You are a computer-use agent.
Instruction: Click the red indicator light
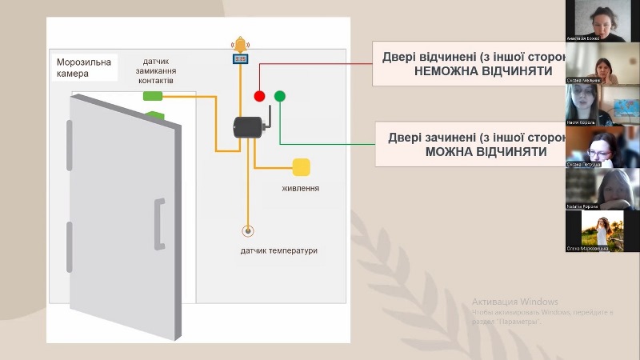click(259, 96)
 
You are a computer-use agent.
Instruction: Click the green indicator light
click(280, 96)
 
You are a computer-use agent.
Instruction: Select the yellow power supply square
click(301, 167)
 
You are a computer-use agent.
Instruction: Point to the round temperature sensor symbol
click(248, 231)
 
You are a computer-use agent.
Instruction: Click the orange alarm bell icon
click(240, 44)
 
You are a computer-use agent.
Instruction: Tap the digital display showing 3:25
click(240, 58)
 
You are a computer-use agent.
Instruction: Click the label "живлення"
click(301, 189)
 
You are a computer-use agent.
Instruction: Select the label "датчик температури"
click(279, 250)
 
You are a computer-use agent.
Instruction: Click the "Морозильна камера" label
click(84, 67)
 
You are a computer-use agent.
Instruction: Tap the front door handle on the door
click(159, 223)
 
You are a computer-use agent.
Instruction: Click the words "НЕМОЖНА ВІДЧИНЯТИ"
click(484, 71)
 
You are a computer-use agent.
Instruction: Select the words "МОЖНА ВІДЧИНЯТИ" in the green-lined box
click(486, 151)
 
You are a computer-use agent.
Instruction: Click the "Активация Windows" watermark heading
click(514, 302)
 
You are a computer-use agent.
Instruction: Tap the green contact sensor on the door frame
click(153, 97)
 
